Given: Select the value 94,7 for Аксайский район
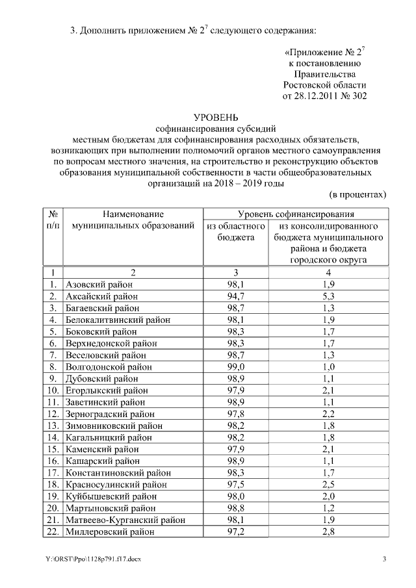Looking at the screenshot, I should pos(235,296).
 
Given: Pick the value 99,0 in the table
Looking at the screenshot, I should pos(235,366).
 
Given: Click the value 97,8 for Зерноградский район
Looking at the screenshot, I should pos(235,414).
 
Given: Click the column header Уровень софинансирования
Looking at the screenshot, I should pos(296,213).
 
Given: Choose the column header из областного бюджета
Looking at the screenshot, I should pos(235,231).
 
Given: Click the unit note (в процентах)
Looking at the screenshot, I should pos(357,194).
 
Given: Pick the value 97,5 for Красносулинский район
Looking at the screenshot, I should pos(235,485).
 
